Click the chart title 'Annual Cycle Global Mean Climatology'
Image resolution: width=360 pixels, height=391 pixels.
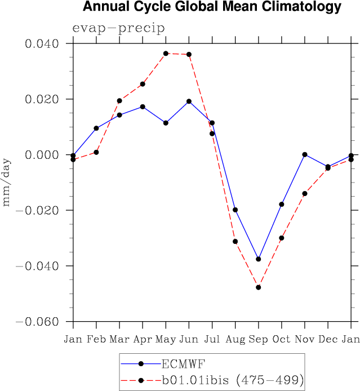pyautogui.click(x=212, y=7)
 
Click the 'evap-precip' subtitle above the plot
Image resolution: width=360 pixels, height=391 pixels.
pyautogui.click(x=118, y=29)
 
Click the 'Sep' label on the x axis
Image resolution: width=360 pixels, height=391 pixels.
pyautogui.click(x=258, y=339)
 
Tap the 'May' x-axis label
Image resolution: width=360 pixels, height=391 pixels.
pyautogui.click(x=166, y=339)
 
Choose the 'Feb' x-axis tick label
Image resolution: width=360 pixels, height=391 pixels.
pyautogui.click(x=96, y=339)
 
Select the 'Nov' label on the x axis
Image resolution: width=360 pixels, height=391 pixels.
pyautogui.click(x=305, y=339)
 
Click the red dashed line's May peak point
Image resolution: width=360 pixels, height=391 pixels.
pyautogui.click(x=166, y=54)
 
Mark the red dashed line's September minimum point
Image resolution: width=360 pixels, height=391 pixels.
pyautogui.click(x=259, y=287)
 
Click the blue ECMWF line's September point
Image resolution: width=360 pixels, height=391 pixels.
pyautogui.click(x=259, y=259)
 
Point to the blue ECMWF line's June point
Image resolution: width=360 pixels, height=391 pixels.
pyautogui.click(x=189, y=101)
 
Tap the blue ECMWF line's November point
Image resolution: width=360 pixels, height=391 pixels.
pyautogui.click(x=305, y=154)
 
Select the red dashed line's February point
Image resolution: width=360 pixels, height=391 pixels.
pyautogui.click(x=96, y=152)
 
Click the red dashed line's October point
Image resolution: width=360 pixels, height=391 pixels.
pyautogui.click(x=282, y=238)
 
